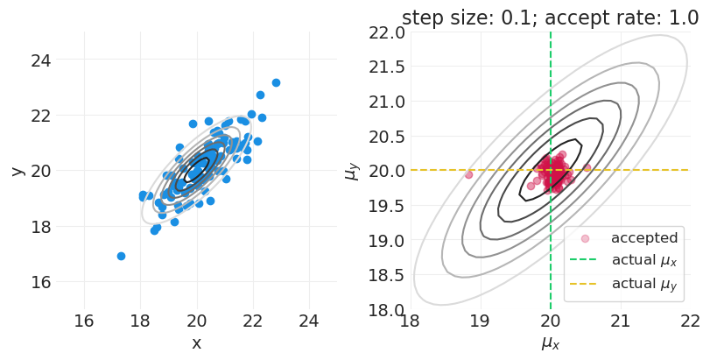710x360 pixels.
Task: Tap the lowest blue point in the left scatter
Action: [x=121, y=256]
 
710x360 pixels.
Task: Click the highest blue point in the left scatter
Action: [x=276, y=82]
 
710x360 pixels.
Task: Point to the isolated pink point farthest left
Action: [x=468, y=174]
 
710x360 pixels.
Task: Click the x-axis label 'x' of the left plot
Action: [x=196, y=343]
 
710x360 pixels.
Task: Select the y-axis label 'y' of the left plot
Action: [x=17, y=171]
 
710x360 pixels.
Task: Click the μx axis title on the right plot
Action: [x=550, y=343]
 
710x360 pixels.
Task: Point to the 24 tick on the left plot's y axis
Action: [x=41, y=60]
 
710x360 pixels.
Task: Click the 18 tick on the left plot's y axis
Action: [x=41, y=226]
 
